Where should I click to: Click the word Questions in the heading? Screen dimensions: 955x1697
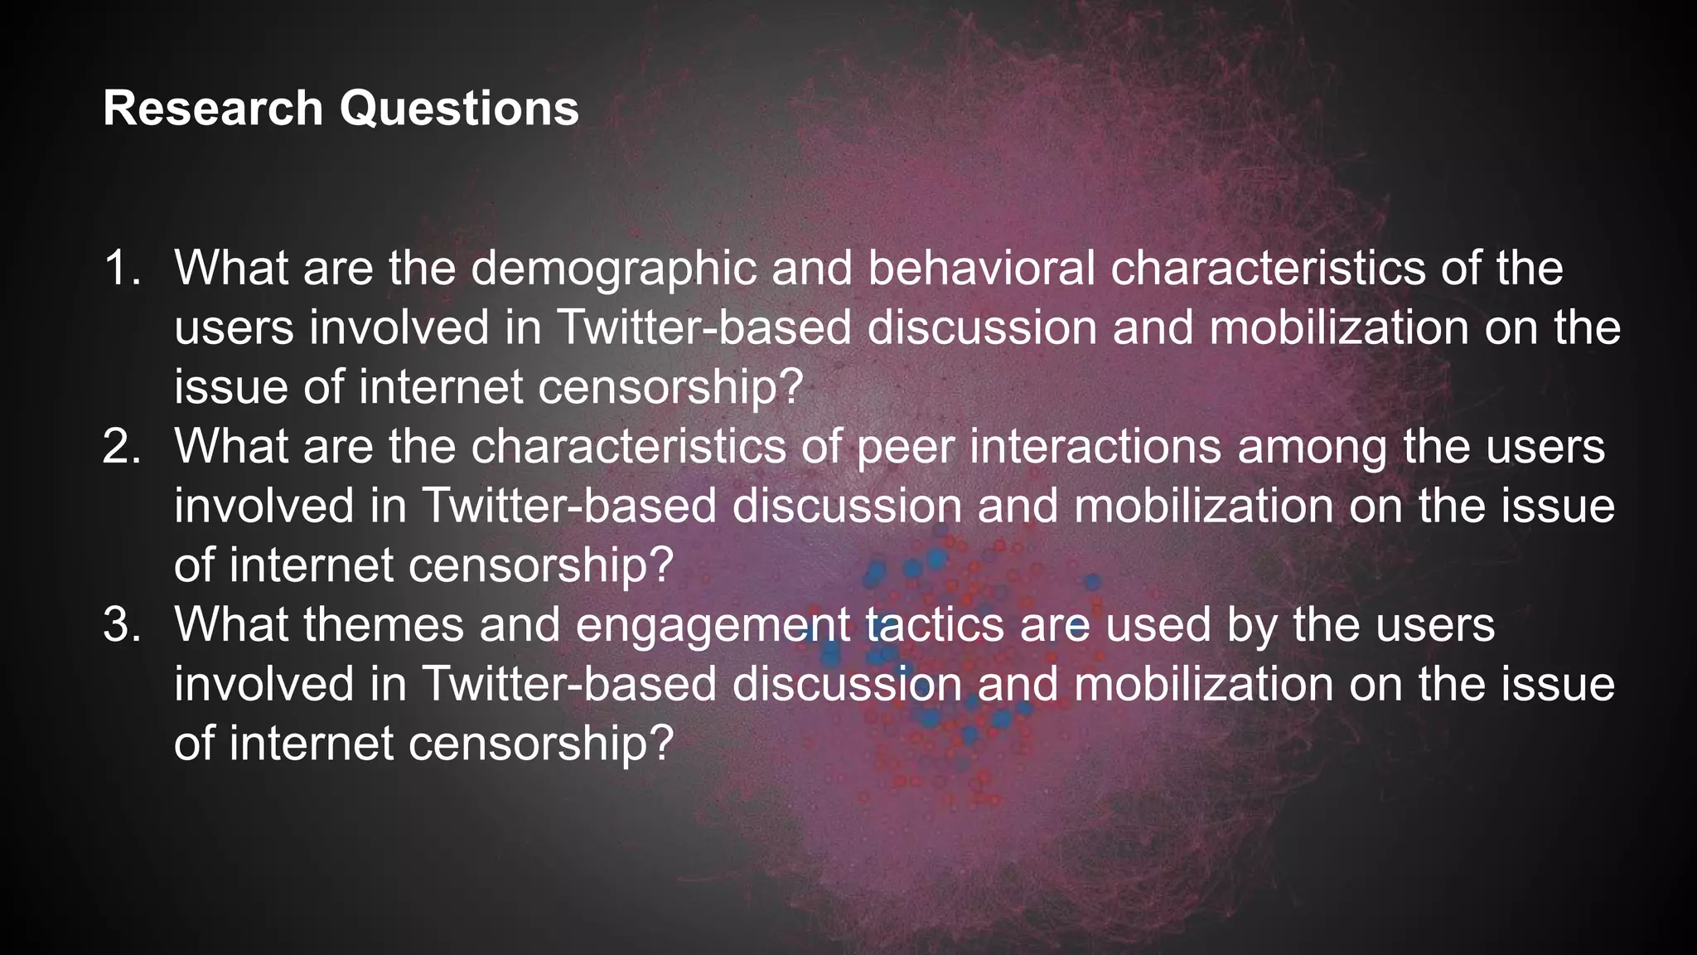460,109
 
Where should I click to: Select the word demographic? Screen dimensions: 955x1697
614,269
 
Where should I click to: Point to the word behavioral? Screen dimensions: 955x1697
981,269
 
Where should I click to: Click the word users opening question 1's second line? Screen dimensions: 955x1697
234,328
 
